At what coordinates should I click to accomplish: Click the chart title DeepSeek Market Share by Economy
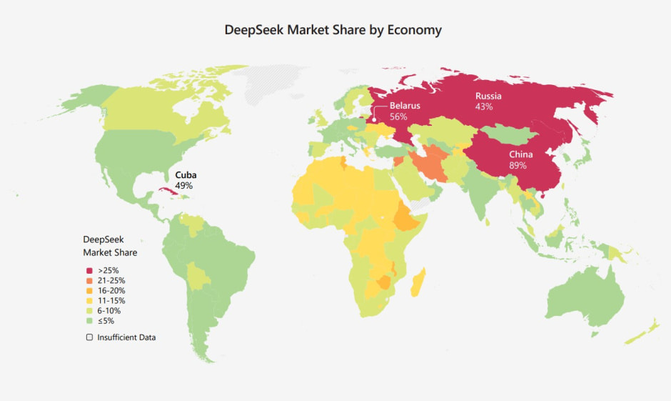333,30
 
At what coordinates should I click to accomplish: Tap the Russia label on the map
488,96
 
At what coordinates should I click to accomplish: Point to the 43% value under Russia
483,107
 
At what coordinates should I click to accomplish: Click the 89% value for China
518,165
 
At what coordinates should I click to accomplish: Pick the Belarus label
405,106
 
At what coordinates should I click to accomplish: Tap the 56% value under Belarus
398,117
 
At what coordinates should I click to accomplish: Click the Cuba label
186,174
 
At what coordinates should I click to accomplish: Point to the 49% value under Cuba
183,185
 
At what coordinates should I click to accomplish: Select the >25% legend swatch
89,270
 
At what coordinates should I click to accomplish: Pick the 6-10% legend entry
109,311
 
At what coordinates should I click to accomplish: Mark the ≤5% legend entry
106,321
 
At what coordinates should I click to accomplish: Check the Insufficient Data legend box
89,337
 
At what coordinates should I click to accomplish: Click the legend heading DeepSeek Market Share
110,246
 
